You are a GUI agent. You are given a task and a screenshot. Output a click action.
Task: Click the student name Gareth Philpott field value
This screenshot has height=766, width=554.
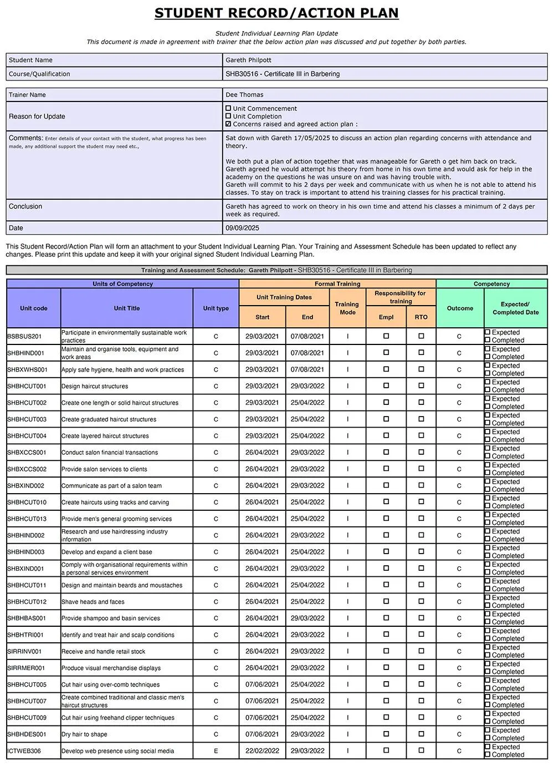(x=248, y=60)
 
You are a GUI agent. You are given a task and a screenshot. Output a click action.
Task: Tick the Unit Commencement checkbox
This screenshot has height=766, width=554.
(x=228, y=109)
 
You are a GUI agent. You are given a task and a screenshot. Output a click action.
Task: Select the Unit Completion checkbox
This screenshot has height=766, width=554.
(x=228, y=116)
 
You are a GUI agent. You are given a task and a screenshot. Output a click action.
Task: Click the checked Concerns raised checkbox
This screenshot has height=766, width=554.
(x=228, y=124)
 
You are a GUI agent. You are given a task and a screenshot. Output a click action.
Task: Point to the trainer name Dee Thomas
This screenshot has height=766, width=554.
(x=244, y=95)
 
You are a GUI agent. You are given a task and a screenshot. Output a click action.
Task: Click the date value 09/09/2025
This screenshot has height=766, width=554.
(x=242, y=228)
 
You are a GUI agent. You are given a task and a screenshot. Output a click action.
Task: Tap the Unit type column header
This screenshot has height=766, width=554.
(x=216, y=308)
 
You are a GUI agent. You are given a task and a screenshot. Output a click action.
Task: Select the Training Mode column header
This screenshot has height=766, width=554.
(x=347, y=308)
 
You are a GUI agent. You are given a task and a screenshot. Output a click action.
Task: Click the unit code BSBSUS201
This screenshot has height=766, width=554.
(x=24, y=337)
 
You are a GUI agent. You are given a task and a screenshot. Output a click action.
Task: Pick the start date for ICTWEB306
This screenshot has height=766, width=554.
(x=262, y=751)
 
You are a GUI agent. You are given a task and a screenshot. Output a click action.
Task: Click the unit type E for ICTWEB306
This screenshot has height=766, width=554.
(x=216, y=751)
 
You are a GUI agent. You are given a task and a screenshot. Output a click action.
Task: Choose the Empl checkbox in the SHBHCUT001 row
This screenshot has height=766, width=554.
(x=386, y=385)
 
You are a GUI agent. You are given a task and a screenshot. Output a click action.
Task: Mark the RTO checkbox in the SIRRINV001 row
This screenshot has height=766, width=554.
(x=421, y=651)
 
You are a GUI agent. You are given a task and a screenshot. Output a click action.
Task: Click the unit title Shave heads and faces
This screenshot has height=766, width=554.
(x=93, y=602)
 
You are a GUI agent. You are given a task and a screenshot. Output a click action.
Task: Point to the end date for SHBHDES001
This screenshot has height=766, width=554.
(x=307, y=734)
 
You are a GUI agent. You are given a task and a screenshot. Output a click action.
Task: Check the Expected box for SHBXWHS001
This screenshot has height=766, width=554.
(x=488, y=366)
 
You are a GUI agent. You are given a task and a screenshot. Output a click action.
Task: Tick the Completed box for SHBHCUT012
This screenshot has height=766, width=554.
(x=488, y=605)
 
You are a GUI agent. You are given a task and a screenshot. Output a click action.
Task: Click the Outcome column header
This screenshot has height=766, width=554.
(x=460, y=308)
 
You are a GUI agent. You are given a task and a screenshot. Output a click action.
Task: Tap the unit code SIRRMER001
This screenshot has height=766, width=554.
(x=26, y=668)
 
